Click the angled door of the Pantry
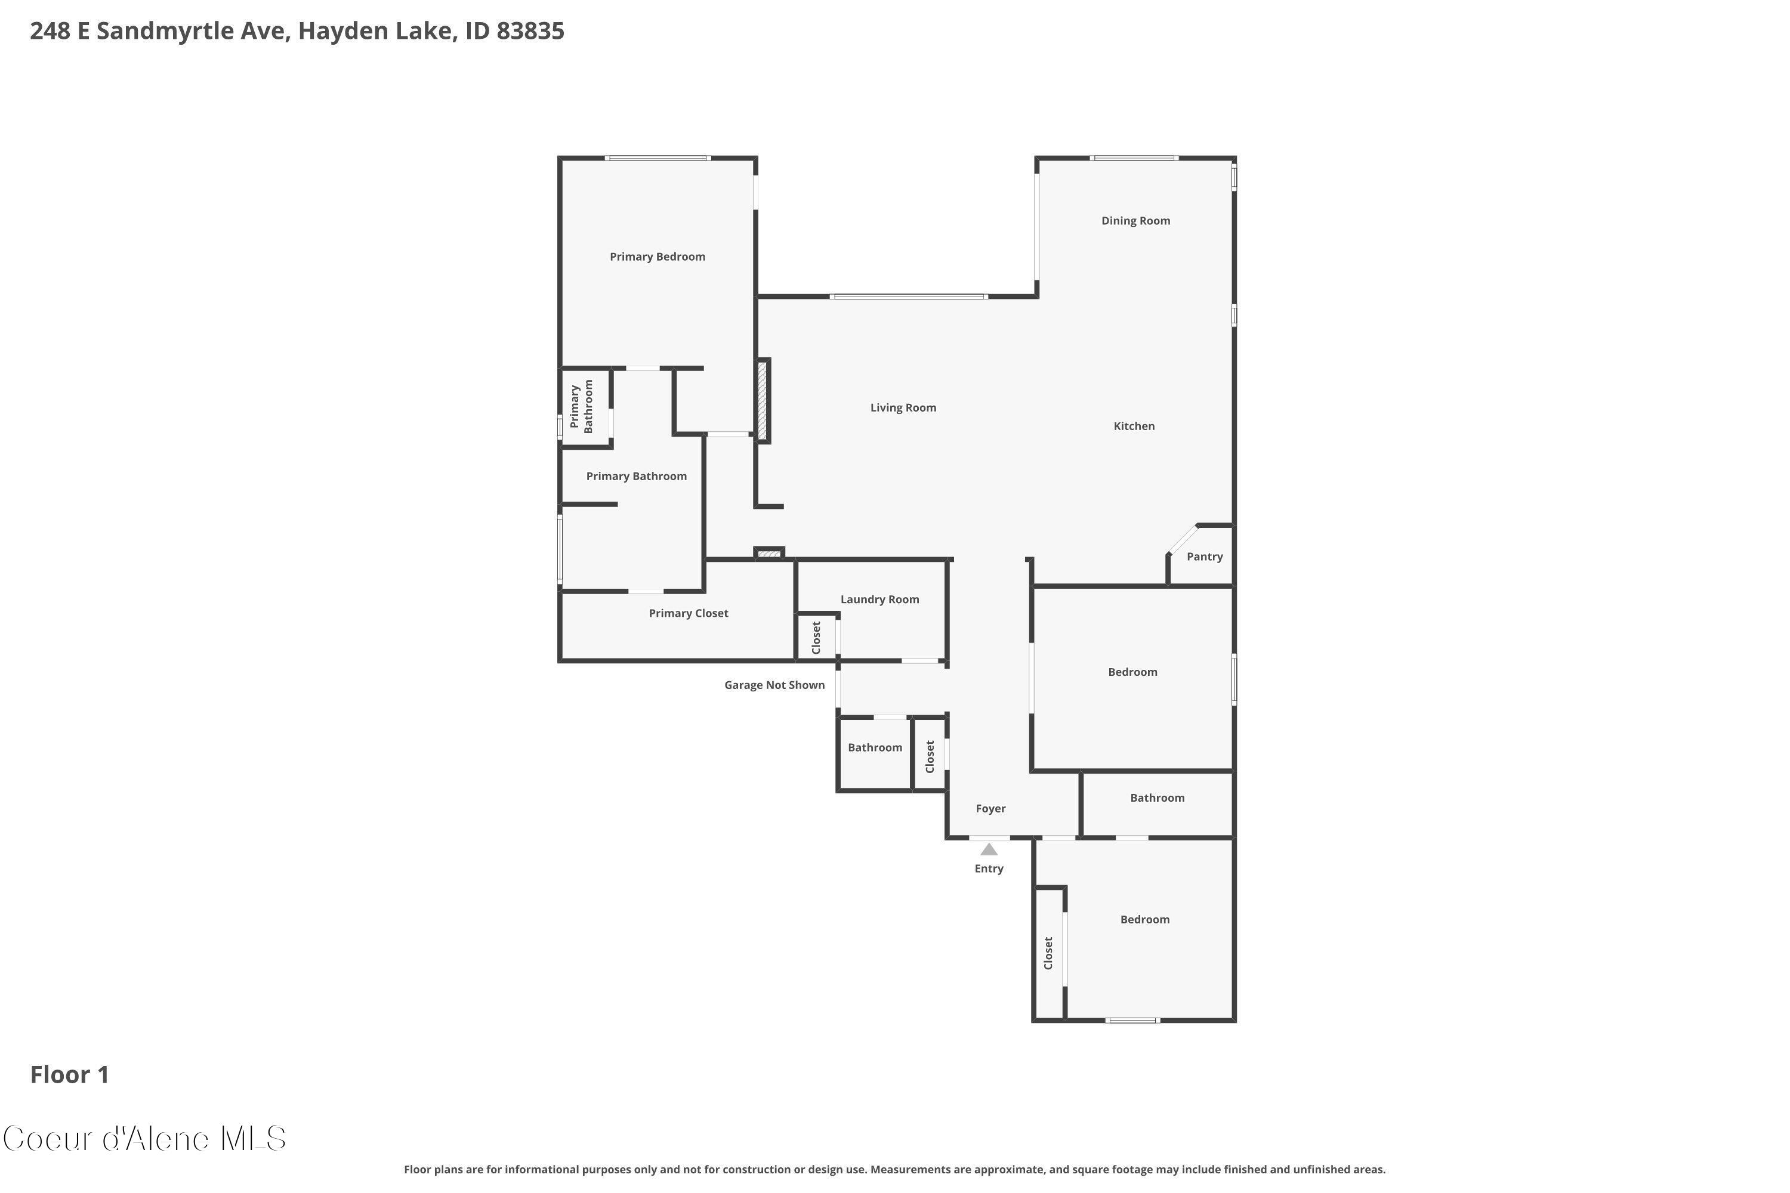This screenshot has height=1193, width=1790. (x=1182, y=539)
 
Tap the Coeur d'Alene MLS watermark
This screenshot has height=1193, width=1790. (x=144, y=1139)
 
